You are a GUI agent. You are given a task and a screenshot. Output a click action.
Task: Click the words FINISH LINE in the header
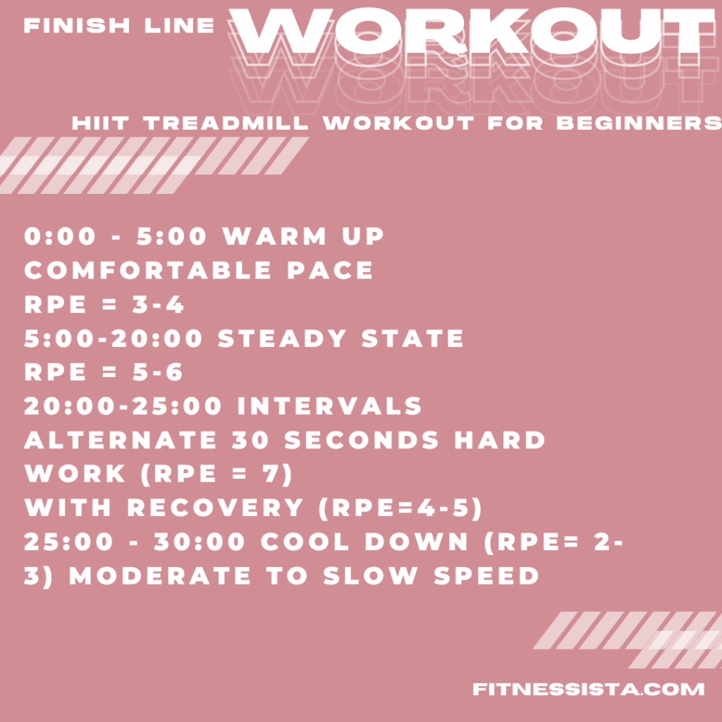tap(119, 26)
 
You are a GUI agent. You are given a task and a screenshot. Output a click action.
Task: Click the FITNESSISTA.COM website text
tap(588, 689)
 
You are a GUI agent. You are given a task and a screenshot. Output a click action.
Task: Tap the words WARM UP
tap(304, 237)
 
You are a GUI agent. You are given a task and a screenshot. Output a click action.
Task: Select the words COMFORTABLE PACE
tap(199, 271)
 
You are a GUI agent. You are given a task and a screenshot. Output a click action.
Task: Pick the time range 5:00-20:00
tap(114, 338)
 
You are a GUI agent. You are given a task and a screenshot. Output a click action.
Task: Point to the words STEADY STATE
tap(341, 338)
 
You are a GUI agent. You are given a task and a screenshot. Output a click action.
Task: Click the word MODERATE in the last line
tap(159, 575)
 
